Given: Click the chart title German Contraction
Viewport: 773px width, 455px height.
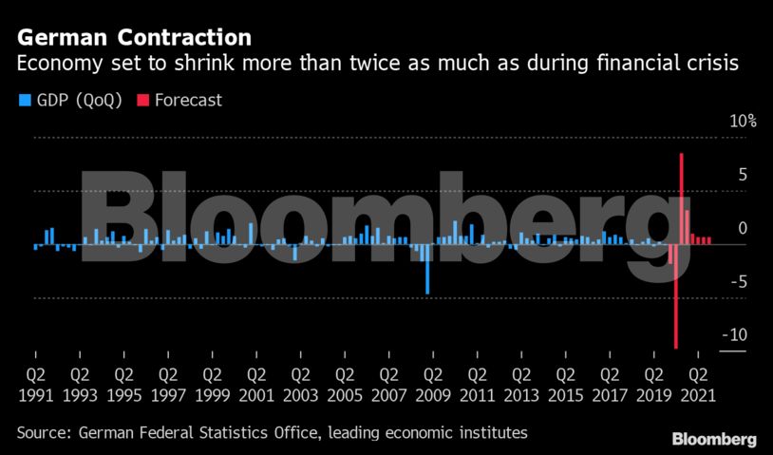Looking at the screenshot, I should (x=134, y=38).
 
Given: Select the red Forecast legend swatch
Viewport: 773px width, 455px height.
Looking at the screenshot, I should (x=143, y=100).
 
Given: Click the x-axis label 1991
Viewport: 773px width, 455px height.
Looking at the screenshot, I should (x=35, y=391).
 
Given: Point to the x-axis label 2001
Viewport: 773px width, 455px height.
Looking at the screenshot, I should (x=255, y=391).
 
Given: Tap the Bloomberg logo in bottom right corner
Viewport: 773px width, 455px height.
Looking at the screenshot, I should (x=714, y=439).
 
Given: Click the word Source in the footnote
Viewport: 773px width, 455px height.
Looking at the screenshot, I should (x=43, y=433).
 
